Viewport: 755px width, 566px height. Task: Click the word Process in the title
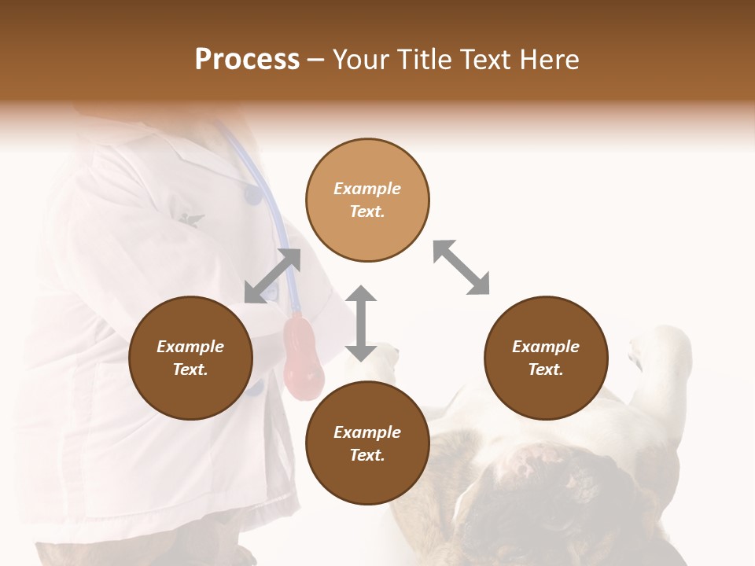click(247, 60)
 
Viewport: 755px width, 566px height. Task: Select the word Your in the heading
click(361, 60)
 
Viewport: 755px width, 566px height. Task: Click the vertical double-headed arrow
click(361, 323)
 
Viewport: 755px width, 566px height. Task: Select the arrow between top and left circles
click(272, 276)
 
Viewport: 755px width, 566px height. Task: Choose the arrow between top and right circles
click(461, 267)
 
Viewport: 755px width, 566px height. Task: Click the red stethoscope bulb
click(304, 358)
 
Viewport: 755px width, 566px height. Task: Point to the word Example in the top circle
click(367, 189)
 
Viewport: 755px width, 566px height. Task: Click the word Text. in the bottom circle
click(367, 455)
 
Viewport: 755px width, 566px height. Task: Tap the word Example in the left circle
click(190, 347)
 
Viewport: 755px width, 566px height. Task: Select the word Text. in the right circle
click(546, 369)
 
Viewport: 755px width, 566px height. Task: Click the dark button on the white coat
click(252, 194)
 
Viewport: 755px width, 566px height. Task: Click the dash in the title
click(316, 60)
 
